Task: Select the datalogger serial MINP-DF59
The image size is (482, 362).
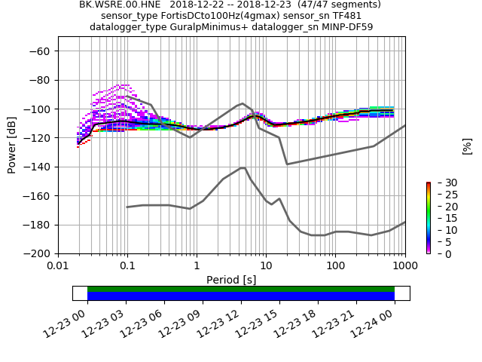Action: pyautogui.click(x=347, y=27)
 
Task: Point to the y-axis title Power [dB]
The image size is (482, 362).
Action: pyautogui.click(x=12, y=145)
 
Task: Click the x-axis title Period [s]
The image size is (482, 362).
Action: pyautogui.click(x=231, y=280)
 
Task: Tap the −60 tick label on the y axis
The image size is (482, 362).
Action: pyautogui.click(x=39, y=51)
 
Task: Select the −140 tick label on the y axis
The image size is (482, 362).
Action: pyautogui.click(x=36, y=167)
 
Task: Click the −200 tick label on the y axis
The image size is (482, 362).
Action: pyautogui.click(x=36, y=253)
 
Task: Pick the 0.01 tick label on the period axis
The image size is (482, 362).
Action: pyautogui.click(x=58, y=266)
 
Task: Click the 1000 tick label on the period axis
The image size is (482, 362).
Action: pyautogui.click(x=404, y=266)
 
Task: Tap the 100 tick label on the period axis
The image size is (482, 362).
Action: pyautogui.click(x=335, y=266)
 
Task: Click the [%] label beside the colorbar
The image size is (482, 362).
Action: pyautogui.click(x=467, y=146)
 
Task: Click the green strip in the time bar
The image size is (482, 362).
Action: pyautogui.click(x=241, y=289)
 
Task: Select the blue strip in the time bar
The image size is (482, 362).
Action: pyautogui.click(x=241, y=296)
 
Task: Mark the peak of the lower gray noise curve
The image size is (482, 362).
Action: pyautogui.click(x=243, y=168)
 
